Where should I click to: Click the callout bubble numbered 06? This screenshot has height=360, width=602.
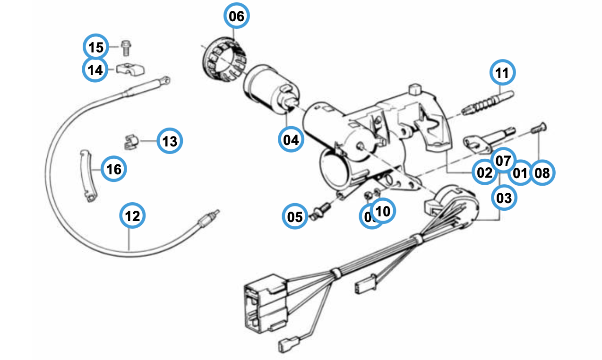coord(237,17)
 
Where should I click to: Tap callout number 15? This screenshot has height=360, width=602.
coord(96,47)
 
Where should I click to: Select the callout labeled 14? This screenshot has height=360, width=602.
coord(95,70)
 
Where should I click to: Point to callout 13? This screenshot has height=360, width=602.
coord(170,141)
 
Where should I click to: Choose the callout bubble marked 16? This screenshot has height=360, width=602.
coord(114,169)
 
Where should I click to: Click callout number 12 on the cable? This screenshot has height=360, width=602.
coord(132,216)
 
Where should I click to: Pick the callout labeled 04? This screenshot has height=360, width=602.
coord(291,139)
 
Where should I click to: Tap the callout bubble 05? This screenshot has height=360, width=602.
coord(295,217)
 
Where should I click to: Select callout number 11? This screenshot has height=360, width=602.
coord(502,73)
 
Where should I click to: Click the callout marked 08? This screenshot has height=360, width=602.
coord(542,173)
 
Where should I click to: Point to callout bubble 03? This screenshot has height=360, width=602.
coord(504,198)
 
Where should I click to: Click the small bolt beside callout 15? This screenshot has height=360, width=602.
coord(125,47)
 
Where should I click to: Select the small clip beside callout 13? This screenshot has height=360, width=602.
coord(130,142)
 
